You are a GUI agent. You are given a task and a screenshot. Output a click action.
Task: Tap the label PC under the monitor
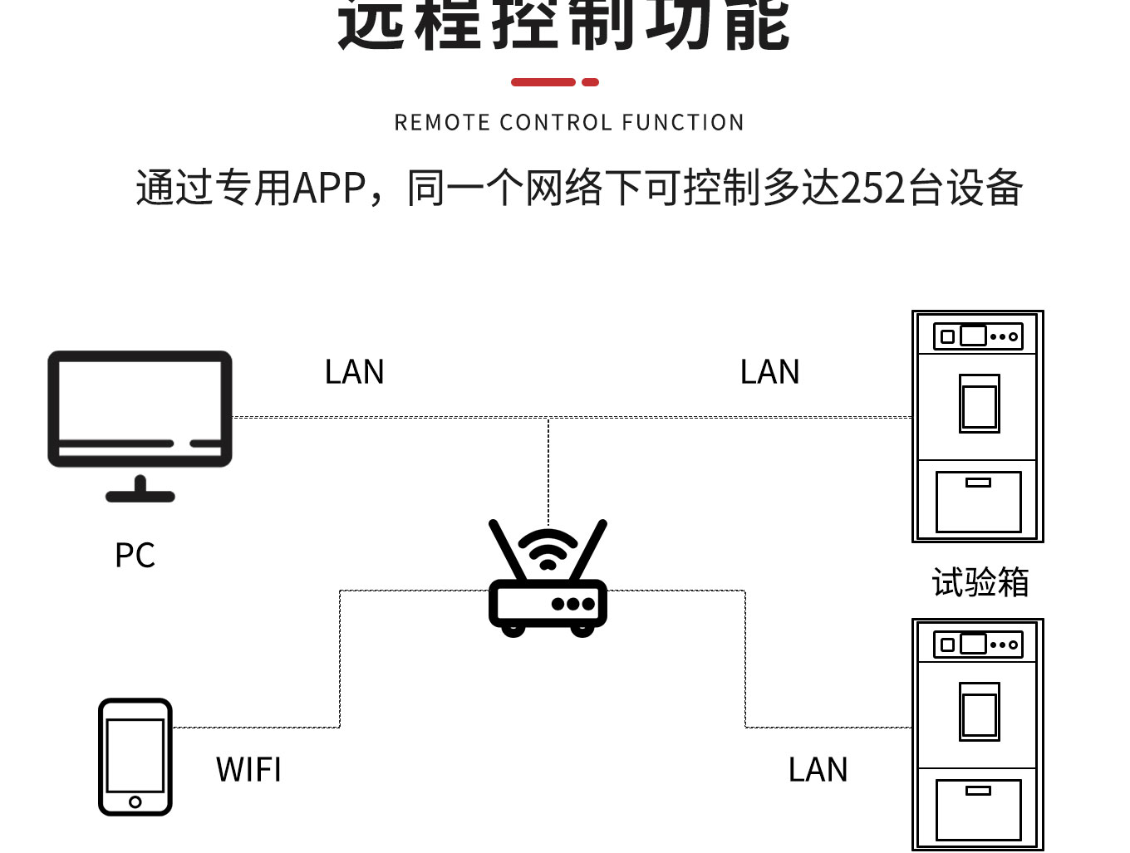point(135,555)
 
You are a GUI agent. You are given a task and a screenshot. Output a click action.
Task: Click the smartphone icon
point(135,756)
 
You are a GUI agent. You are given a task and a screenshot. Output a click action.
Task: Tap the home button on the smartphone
point(135,802)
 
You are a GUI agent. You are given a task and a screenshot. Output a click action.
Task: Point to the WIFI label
point(248,770)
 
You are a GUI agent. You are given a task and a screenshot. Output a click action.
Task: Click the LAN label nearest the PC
point(355,372)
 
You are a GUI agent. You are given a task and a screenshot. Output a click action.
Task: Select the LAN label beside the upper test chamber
point(769,372)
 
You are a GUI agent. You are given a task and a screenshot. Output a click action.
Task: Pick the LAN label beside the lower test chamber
point(818,770)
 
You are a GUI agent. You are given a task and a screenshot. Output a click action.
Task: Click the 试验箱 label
point(980,582)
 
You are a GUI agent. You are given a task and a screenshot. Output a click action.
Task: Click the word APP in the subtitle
point(330,188)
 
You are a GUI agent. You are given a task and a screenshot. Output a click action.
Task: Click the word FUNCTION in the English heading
point(682,123)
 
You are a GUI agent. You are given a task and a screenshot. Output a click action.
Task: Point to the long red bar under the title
point(543,82)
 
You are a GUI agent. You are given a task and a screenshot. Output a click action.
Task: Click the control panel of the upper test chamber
point(978,336)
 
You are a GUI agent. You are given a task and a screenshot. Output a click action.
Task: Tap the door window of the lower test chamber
point(980,713)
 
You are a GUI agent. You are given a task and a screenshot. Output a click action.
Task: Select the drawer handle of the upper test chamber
point(978,483)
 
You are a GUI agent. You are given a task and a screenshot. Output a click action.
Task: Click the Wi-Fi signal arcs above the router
point(548,548)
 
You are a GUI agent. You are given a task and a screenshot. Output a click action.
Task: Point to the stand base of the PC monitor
point(140,496)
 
